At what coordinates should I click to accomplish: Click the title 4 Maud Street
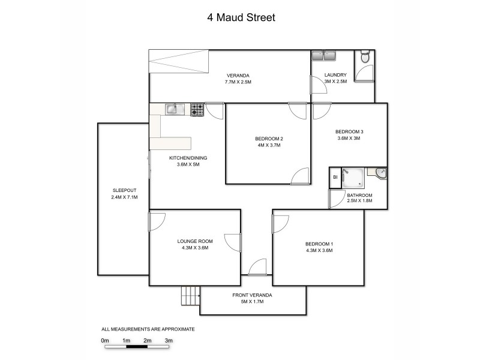[241, 18]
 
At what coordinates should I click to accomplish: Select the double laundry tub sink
[324, 56]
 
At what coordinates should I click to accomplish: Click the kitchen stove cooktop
[197, 109]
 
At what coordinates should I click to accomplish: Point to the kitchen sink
[172, 109]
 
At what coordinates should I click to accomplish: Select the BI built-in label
[335, 178]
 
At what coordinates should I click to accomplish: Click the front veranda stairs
[190, 296]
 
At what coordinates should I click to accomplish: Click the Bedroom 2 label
[268, 139]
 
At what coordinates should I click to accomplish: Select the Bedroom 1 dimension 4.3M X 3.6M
[319, 250]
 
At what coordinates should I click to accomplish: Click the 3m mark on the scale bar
[169, 340]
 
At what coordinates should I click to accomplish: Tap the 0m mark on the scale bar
[105, 340]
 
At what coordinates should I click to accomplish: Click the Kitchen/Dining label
[188, 158]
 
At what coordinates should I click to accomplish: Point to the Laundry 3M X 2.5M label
[335, 79]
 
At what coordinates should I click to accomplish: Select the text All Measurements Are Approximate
[148, 329]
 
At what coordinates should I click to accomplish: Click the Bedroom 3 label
[349, 131]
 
